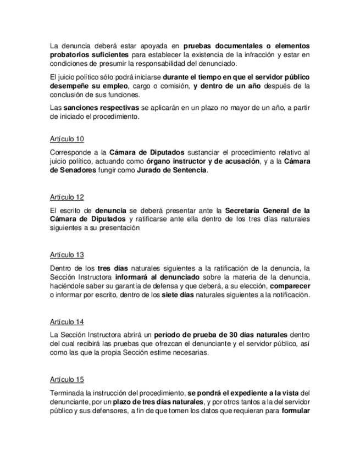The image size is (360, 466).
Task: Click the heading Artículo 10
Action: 67,138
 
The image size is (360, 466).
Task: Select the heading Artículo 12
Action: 67,197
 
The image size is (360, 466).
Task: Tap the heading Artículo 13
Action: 67,255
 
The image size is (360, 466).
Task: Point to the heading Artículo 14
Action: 67,321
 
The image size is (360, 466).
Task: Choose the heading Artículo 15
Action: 67,380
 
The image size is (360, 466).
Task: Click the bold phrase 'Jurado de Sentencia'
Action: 176,171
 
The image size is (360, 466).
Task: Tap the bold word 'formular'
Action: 296,411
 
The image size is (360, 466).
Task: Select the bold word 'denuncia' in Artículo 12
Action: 110,210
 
